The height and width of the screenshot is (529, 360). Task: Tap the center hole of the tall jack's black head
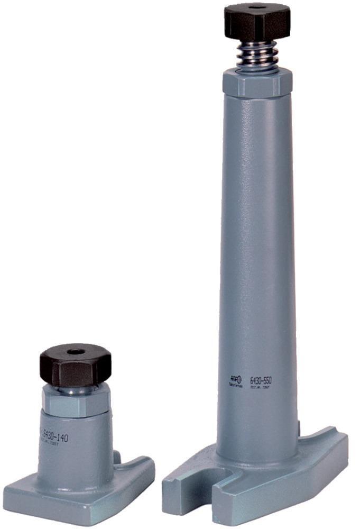point(257,7)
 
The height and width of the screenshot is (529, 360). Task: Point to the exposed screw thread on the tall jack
point(257,55)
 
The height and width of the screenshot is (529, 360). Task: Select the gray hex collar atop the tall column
point(257,81)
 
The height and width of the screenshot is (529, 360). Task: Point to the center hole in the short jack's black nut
point(76,351)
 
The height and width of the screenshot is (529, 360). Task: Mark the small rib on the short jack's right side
point(118,456)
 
